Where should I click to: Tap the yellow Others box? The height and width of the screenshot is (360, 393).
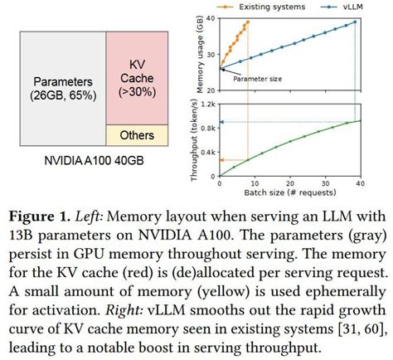tap(136, 134)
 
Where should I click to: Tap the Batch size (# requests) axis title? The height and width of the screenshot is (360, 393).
tap(290, 192)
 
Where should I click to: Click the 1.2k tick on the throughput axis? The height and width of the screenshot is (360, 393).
tap(209, 102)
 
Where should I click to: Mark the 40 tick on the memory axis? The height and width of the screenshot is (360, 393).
tap(211, 18)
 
